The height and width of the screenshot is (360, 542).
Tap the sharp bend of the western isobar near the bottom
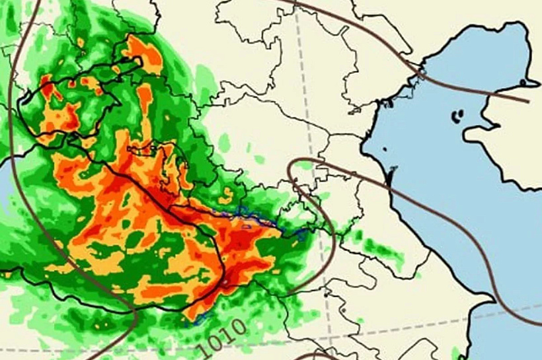pos(135,317)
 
